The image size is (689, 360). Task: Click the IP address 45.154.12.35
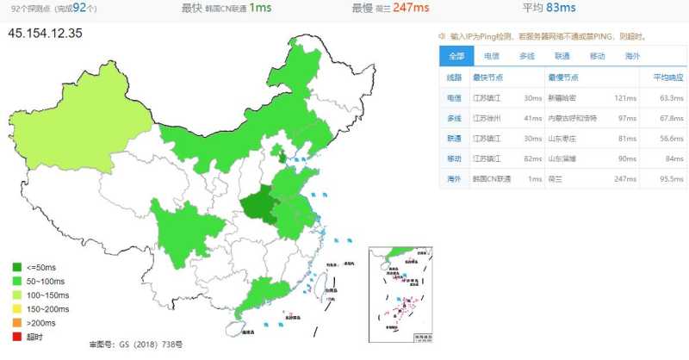click(x=46, y=34)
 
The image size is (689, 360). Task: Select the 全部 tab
click(x=456, y=56)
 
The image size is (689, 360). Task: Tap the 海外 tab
click(x=632, y=56)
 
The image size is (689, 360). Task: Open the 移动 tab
click(x=597, y=56)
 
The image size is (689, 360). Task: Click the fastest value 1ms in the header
click(x=261, y=9)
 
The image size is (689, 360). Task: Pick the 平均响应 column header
click(x=659, y=77)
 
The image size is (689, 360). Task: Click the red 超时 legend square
click(x=17, y=337)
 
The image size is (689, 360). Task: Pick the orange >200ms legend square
click(x=17, y=323)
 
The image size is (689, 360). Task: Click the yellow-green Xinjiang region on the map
click(x=73, y=129)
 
